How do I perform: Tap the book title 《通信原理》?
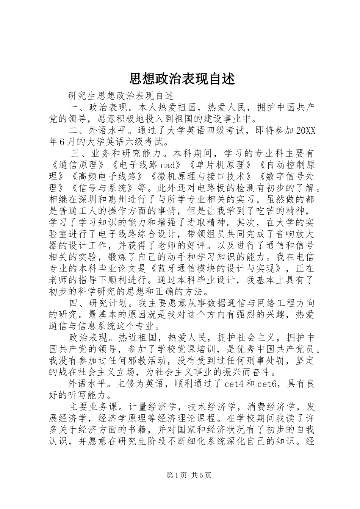[x=79, y=165]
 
